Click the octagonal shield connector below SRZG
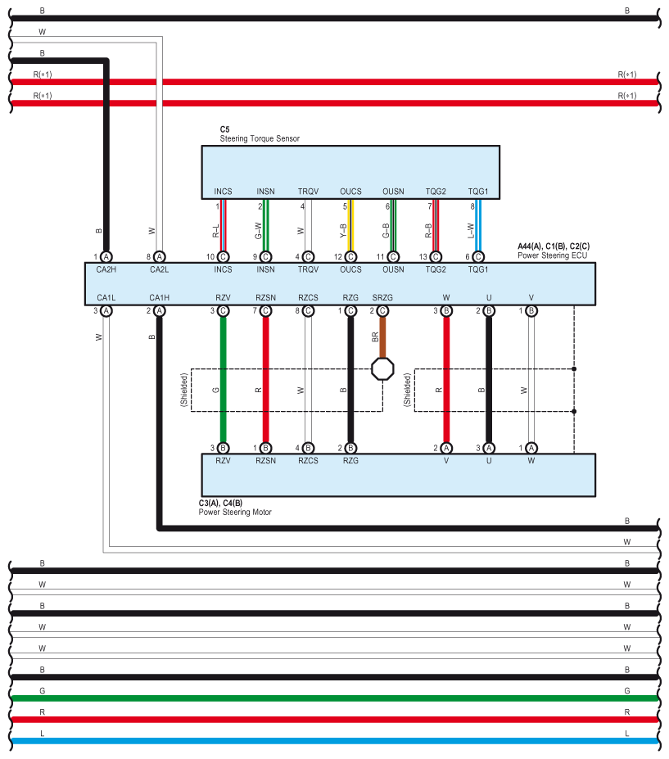(x=382, y=368)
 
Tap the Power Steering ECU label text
(x=553, y=255)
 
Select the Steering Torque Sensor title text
(x=260, y=139)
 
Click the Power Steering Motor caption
(x=235, y=512)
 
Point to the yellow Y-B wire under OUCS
(x=350, y=224)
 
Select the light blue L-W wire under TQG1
(x=478, y=224)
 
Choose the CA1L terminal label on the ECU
(x=106, y=297)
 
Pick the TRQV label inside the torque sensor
(x=308, y=192)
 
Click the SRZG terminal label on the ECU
(x=382, y=297)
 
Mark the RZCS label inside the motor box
(x=308, y=461)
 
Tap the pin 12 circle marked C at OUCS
(x=350, y=256)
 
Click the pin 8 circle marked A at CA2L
(x=160, y=256)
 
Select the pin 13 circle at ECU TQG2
(x=436, y=256)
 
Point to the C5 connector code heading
(x=224, y=129)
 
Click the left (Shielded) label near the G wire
(x=184, y=390)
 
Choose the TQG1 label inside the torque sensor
(x=478, y=192)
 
